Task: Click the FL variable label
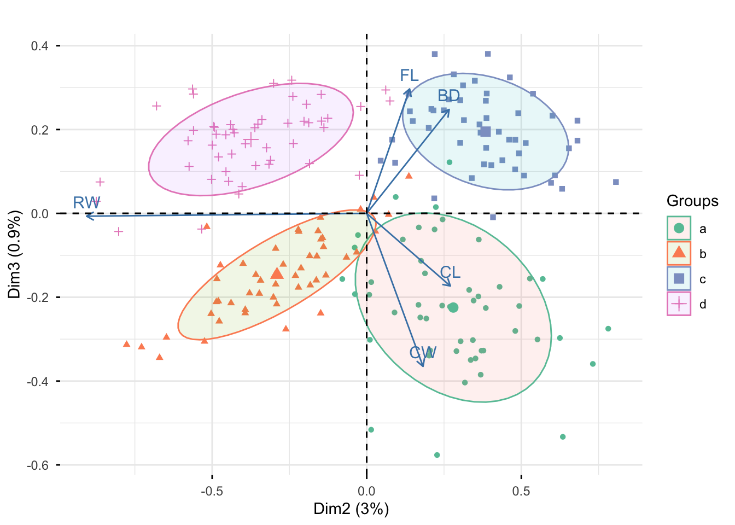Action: click(409, 75)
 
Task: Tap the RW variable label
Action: click(86, 203)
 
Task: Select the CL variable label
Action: click(450, 272)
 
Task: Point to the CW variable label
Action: click(423, 353)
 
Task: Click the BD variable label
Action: click(448, 96)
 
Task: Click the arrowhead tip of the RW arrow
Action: click(86, 217)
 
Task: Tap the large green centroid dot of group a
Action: click(453, 308)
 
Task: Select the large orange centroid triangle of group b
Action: click(277, 273)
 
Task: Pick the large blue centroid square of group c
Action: click(485, 131)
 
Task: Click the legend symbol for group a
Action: click(679, 228)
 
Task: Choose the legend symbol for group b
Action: click(679, 253)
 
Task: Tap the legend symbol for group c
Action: click(679, 278)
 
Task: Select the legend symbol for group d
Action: click(679, 304)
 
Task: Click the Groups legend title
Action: click(692, 201)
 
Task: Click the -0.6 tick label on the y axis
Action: click(38, 465)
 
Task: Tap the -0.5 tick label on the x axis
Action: click(212, 491)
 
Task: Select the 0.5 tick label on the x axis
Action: click(521, 491)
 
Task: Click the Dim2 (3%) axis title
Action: click(351, 509)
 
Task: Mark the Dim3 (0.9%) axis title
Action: click(14, 254)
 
